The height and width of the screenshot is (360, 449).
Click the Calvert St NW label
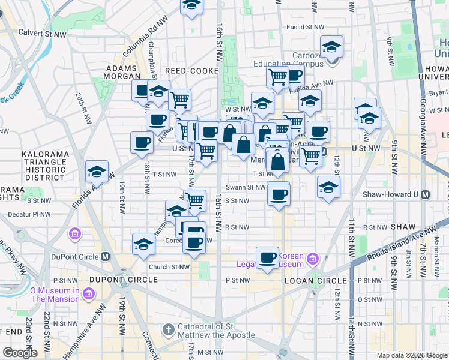tap(42, 34)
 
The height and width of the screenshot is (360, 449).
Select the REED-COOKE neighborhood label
tap(191, 71)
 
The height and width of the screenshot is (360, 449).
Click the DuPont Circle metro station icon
tap(105, 256)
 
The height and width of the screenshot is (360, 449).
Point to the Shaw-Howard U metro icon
tap(425, 194)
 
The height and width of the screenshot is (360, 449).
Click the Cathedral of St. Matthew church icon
tap(169, 330)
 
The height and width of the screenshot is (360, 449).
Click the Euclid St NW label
tap(306, 27)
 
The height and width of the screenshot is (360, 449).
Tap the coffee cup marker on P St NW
tap(268, 258)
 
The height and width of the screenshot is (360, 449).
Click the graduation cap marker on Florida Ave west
tap(97, 172)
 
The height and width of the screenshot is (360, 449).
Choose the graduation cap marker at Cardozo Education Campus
tap(331, 46)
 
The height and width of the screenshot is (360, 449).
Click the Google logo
tap(20, 353)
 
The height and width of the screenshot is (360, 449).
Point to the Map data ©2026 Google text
tap(411, 355)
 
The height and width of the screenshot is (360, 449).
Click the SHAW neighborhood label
tap(402, 227)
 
